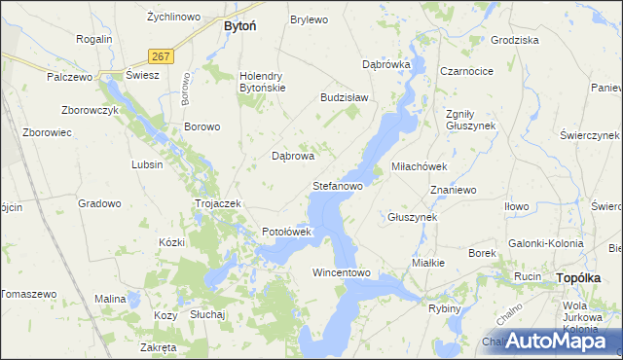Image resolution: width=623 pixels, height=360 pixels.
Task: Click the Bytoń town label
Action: [x=239, y=26]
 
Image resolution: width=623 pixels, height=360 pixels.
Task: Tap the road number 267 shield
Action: [x=162, y=56]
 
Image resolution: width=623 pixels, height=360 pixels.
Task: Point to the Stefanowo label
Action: [x=337, y=185]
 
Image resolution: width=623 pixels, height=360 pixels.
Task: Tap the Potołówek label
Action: [x=286, y=233]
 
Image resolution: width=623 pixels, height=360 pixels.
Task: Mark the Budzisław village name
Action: [x=344, y=98]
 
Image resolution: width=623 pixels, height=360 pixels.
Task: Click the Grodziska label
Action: [x=515, y=41]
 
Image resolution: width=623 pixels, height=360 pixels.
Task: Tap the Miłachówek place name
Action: [x=419, y=166]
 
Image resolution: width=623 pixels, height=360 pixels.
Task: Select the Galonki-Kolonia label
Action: [x=545, y=243]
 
